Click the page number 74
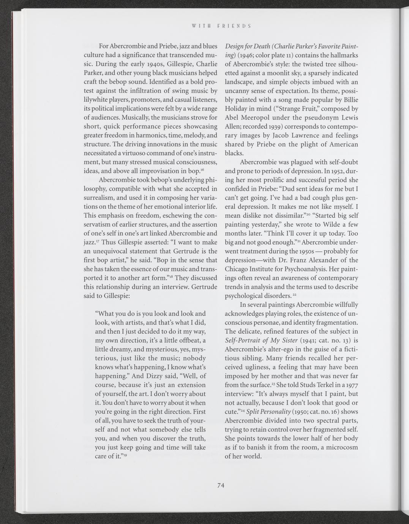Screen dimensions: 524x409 point(221,485)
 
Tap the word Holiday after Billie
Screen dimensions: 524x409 point(239,109)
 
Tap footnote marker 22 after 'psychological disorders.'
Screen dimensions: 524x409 point(278,294)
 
